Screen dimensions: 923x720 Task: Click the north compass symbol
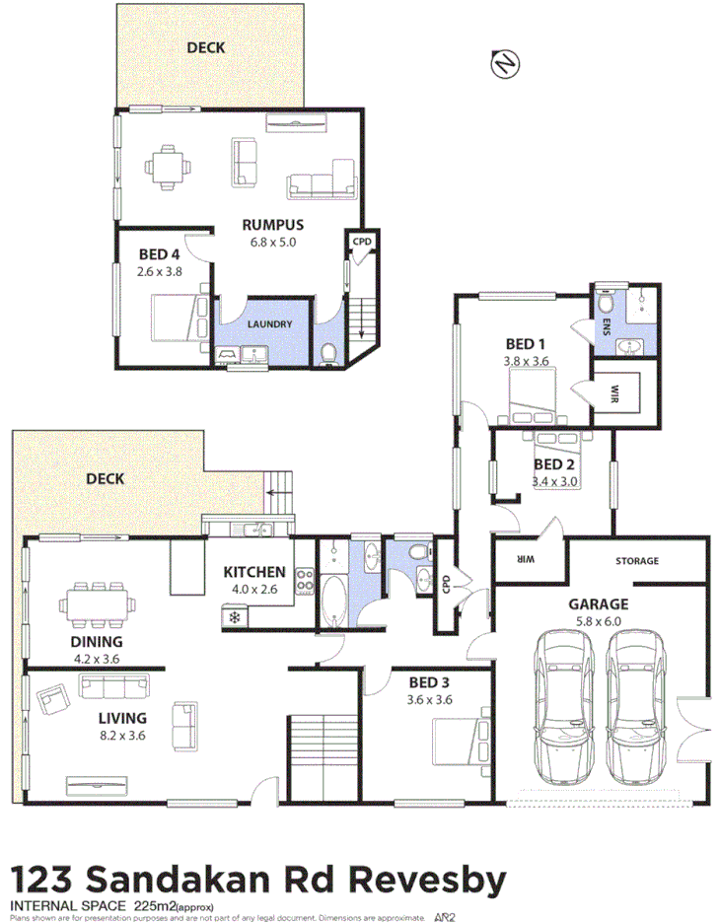[505, 65]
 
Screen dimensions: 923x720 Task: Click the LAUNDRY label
[267, 323]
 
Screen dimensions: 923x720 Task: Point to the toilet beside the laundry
[330, 352]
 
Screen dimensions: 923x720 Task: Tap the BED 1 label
[526, 343]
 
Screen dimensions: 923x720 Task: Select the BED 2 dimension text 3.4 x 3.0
[553, 481]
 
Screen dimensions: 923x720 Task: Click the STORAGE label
[637, 561]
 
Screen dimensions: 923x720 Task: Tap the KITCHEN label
[254, 572]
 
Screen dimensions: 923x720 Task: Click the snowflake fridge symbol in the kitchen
[236, 617]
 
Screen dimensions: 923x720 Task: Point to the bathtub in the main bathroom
[332, 596]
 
